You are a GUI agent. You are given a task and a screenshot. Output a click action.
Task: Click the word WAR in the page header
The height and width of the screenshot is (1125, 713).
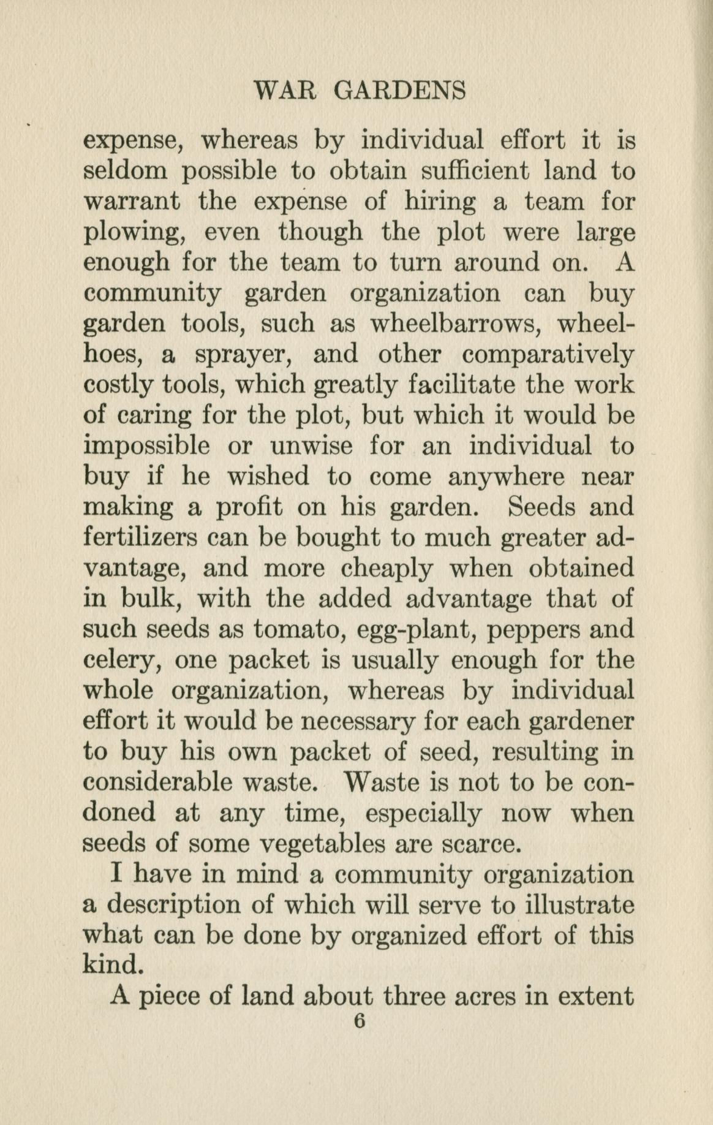tap(285, 91)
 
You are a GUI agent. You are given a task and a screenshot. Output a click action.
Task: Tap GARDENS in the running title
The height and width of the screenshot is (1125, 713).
tap(400, 91)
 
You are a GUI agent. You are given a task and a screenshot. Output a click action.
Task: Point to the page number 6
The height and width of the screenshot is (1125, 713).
tap(359, 1021)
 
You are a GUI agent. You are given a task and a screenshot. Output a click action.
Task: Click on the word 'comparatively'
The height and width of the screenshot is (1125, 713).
tap(548, 355)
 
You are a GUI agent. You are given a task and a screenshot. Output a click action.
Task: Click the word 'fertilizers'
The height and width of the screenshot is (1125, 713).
tap(140, 538)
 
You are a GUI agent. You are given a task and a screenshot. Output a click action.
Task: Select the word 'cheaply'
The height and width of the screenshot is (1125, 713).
tap(386, 569)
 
